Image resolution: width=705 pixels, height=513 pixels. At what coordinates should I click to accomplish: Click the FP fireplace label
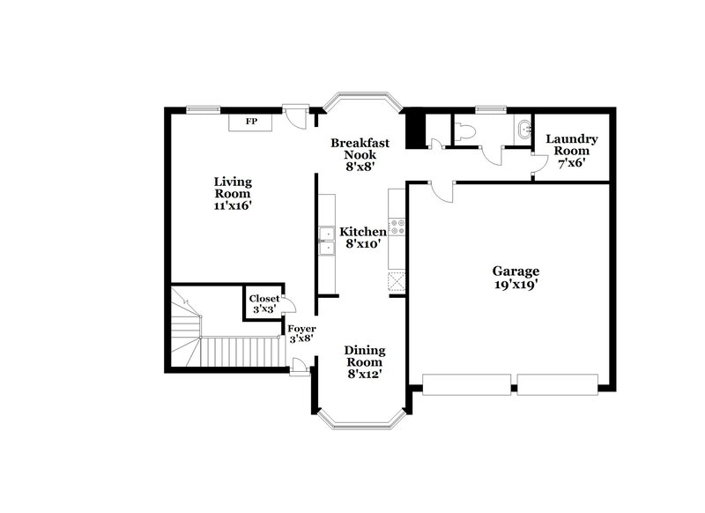pyautogui.click(x=251, y=122)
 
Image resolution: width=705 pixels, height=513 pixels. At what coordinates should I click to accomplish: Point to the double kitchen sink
pyautogui.click(x=326, y=241)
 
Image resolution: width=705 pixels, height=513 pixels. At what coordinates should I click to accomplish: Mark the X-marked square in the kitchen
pyautogui.click(x=396, y=280)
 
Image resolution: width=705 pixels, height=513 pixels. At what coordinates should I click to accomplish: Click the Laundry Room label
pyautogui.click(x=571, y=145)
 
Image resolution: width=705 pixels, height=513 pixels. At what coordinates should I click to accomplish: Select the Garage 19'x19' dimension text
pyautogui.click(x=516, y=284)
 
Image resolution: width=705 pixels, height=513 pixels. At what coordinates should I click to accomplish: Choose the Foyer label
pyautogui.click(x=302, y=328)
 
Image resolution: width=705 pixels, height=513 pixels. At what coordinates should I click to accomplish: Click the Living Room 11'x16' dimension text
pyautogui.click(x=233, y=205)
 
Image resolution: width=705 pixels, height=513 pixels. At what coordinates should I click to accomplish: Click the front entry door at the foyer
pyautogui.click(x=301, y=366)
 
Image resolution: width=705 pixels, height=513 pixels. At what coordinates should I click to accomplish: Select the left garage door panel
pyautogui.click(x=466, y=383)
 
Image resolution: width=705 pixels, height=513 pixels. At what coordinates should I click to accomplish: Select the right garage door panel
pyautogui.click(x=558, y=383)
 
